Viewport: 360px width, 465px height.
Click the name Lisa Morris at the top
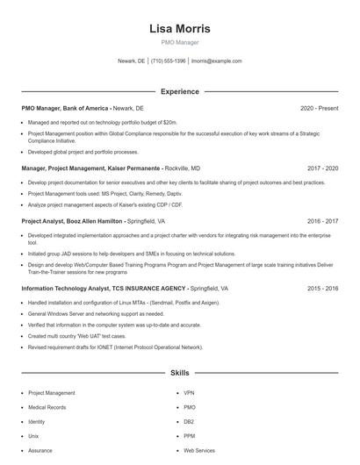(180, 28)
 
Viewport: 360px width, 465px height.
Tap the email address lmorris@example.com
(216, 61)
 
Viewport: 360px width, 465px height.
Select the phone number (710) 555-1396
(169, 61)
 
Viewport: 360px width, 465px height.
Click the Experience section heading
(180, 91)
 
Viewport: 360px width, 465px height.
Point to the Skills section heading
(180, 373)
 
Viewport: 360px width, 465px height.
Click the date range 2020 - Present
(319, 108)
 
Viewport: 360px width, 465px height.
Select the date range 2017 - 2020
(322, 168)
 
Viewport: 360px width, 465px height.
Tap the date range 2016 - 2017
(322, 222)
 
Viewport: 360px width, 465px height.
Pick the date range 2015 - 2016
(322, 288)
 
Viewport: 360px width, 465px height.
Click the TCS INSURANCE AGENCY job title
(125, 288)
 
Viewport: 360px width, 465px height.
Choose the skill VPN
(189, 393)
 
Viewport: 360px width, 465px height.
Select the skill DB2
(189, 421)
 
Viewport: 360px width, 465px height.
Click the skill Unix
(34, 435)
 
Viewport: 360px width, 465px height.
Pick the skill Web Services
(199, 450)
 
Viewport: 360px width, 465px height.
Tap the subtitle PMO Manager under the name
(180, 42)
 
